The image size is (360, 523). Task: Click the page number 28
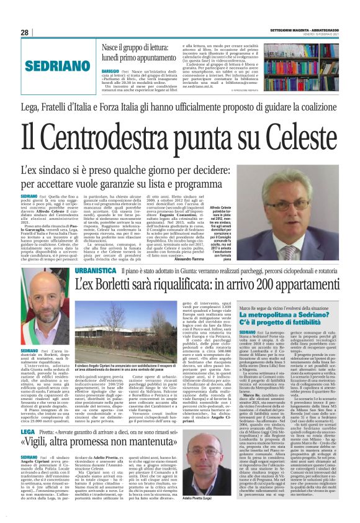tap(25, 32)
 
